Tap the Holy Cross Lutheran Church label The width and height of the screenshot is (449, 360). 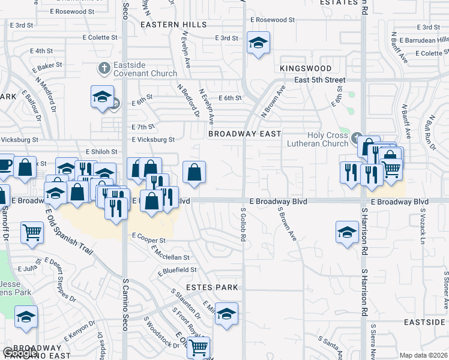tap(320, 139)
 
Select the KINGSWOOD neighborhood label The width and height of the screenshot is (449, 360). tap(306, 69)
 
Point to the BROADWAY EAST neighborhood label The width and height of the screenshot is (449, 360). tap(245, 134)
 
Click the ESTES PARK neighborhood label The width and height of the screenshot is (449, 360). tap(212, 287)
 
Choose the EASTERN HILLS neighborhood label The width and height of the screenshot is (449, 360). tap(173, 25)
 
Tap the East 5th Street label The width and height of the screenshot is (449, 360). tap(320, 80)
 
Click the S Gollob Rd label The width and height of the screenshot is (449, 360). tap(243, 225)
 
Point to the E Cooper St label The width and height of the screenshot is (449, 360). tap(148, 238)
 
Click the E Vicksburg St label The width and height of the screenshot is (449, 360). tap(153, 140)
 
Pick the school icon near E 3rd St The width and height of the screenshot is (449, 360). tap(258, 43)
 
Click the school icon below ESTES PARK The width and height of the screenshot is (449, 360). tap(226, 313)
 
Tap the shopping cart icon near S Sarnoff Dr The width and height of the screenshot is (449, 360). tap(32, 232)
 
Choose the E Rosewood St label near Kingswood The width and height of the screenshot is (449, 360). tap(273, 20)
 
